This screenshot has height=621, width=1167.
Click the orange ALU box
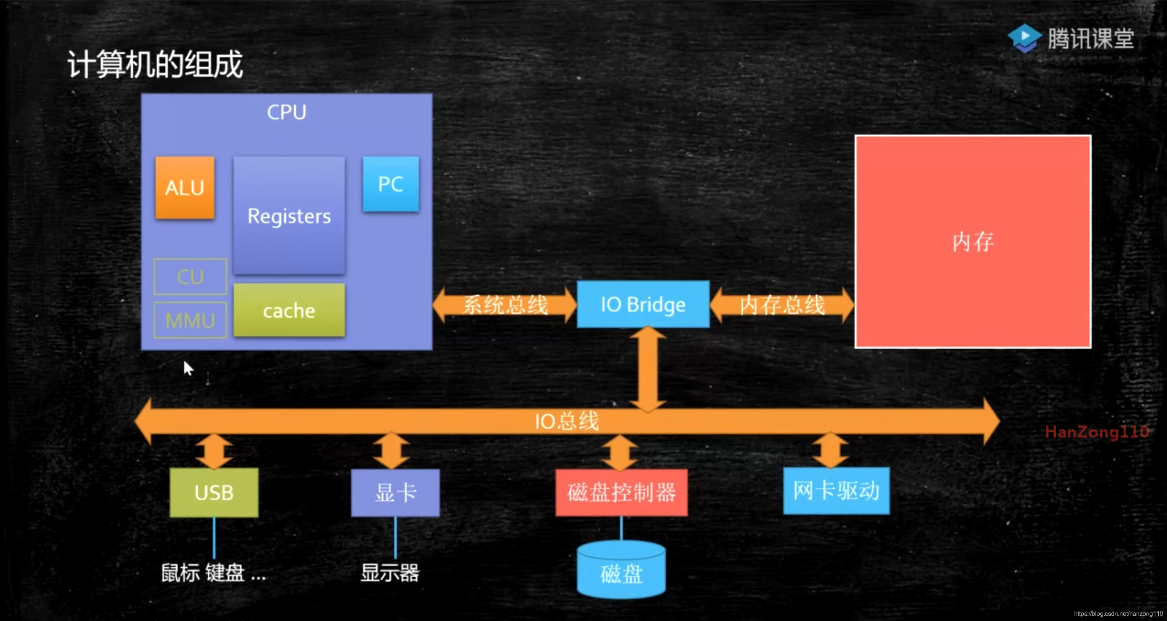coord(184,188)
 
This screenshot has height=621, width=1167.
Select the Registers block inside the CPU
coord(289,215)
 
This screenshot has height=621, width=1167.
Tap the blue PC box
coord(391,184)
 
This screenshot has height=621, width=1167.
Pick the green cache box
coord(289,310)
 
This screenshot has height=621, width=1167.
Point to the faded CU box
coord(190,277)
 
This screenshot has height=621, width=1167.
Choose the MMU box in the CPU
coord(190,320)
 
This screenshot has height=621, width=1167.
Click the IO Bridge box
coord(643,304)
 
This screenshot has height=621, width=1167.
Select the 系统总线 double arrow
coord(505,305)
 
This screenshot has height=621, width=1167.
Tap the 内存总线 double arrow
coord(782,305)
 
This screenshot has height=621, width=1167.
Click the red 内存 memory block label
coord(973,242)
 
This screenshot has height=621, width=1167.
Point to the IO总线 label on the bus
coord(566,421)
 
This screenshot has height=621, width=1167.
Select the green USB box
coord(214,493)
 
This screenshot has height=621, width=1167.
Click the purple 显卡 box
coord(395,493)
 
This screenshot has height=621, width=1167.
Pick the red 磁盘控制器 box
coord(621,493)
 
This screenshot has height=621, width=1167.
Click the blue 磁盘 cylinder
coord(621,572)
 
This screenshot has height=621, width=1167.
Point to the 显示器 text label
coord(390,573)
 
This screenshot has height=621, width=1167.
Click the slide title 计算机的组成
coord(155,64)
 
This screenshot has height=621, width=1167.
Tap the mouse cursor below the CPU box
coord(188,368)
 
